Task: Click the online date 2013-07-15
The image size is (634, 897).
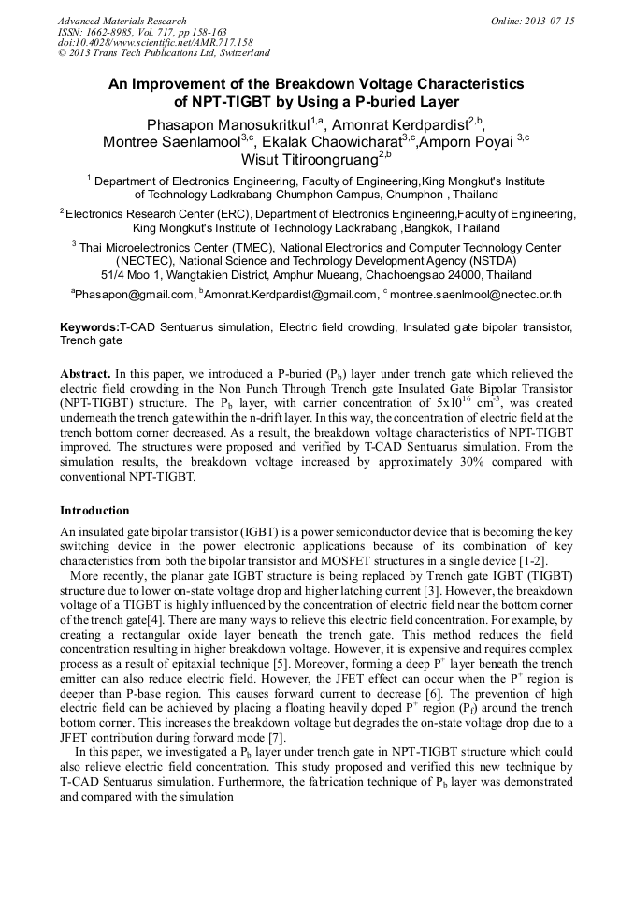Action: point(549,21)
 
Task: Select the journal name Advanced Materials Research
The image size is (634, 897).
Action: point(122,21)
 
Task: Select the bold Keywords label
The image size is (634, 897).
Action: point(89,328)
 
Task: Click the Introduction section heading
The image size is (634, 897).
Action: point(94,511)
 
